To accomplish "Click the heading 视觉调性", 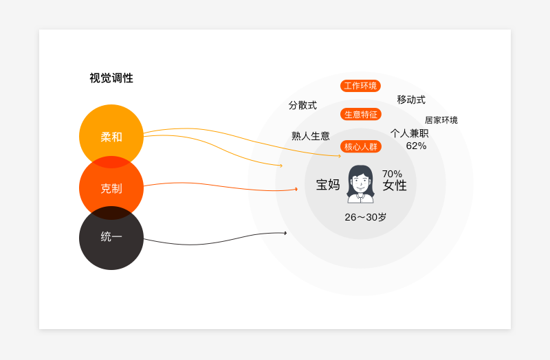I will tap(111, 78).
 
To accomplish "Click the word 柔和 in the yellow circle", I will tap(111, 137).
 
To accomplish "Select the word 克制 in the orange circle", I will tap(111, 188).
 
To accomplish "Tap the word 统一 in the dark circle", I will tap(111, 237).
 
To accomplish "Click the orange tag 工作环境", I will tap(360, 86).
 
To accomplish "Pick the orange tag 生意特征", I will tap(360, 114).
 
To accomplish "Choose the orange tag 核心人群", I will tap(360, 146).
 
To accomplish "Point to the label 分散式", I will tap(302, 105).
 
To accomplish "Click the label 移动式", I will tap(411, 100).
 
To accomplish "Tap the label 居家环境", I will tap(441, 120).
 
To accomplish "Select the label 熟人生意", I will tap(311, 136).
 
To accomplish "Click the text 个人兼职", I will tap(409, 133).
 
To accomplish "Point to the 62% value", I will tap(416, 146).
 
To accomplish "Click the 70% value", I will tap(392, 174).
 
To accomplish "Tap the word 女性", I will tap(395, 185).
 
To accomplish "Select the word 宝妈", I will tap(328, 185).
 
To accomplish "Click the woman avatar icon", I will tap(360, 184).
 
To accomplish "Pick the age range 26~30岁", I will tap(366, 217).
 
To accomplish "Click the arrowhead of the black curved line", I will tap(285, 233).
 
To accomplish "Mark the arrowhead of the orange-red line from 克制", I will tap(296, 189).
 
